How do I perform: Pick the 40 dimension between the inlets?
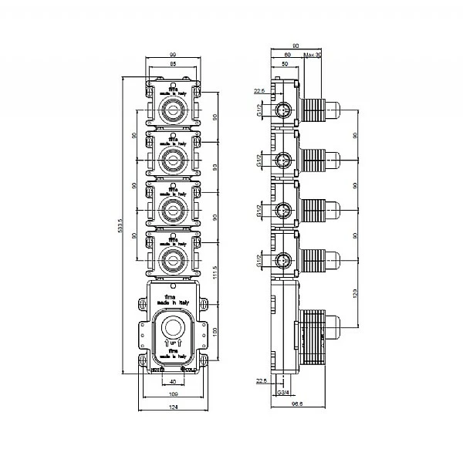click(174, 381)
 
